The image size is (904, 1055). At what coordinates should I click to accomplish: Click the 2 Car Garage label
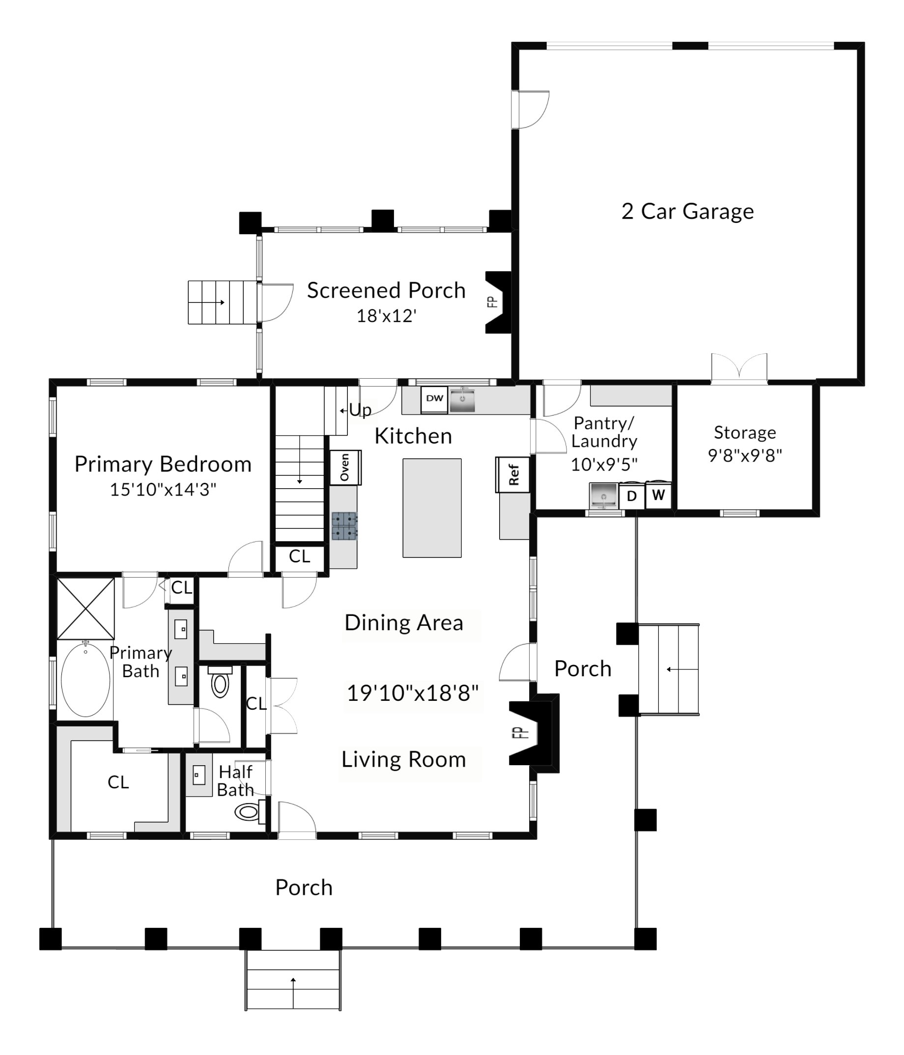pos(687,211)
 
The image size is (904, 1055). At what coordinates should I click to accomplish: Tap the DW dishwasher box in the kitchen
pos(434,400)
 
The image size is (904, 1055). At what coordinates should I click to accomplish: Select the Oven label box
pos(345,467)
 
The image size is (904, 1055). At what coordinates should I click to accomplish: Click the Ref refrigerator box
pos(513,474)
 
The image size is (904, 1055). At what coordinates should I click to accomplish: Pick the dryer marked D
pos(631,496)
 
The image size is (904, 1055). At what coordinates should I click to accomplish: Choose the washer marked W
pos(658,495)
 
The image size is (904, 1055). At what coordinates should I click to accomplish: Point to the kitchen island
pos(432,508)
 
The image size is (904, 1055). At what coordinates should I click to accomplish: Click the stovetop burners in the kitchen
pos(344,526)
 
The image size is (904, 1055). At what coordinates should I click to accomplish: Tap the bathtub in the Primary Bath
pos(85,679)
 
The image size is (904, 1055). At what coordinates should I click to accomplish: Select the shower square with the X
pos(85,609)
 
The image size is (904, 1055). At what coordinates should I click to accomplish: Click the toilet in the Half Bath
pos(250,811)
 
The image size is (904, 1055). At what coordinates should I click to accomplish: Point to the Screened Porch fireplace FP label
pos(492,302)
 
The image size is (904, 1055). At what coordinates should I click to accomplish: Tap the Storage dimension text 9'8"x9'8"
pos(745,455)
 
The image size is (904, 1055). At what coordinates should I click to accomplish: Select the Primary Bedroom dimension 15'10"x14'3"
pos(163,489)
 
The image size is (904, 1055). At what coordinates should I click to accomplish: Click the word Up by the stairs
pos(360,410)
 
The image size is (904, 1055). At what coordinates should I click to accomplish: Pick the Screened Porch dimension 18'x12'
pos(387,316)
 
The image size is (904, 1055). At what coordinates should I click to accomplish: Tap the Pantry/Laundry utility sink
pos(603,496)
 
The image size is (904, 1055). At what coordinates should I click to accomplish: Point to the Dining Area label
pos(404,623)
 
